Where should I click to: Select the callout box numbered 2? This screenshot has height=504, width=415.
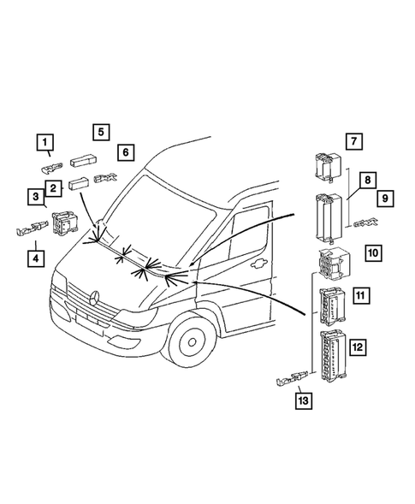click(x=53, y=187)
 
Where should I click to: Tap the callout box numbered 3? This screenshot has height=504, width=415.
click(x=34, y=198)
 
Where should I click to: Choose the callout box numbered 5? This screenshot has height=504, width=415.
click(x=101, y=132)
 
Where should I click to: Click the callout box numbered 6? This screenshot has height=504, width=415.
click(x=125, y=152)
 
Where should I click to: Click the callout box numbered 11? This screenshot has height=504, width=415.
click(x=361, y=296)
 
